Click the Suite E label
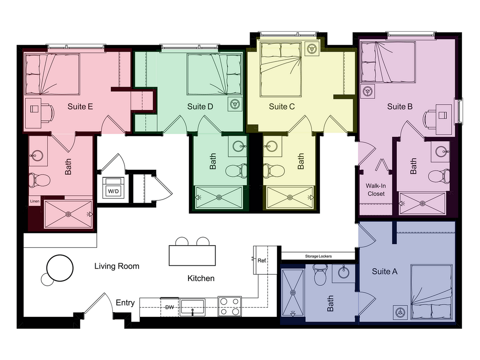click(x=80, y=107)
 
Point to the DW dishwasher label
click(x=170, y=308)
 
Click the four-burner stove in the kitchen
click(x=230, y=307)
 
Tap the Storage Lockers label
click(x=318, y=256)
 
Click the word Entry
click(x=125, y=303)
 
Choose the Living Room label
click(x=116, y=266)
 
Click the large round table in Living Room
click(x=60, y=268)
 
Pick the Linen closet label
click(x=35, y=201)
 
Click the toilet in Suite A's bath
click(x=320, y=276)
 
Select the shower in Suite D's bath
click(x=219, y=197)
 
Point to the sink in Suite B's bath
click(x=440, y=151)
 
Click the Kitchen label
click(x=201, y=279)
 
